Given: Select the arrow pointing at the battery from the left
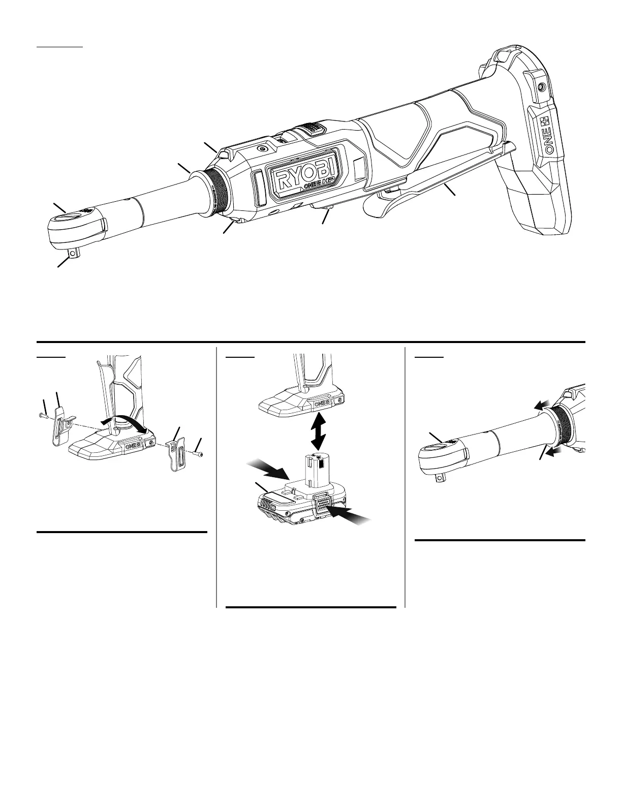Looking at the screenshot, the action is (268, 470).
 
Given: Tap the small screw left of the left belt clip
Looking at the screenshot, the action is (43, 415).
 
